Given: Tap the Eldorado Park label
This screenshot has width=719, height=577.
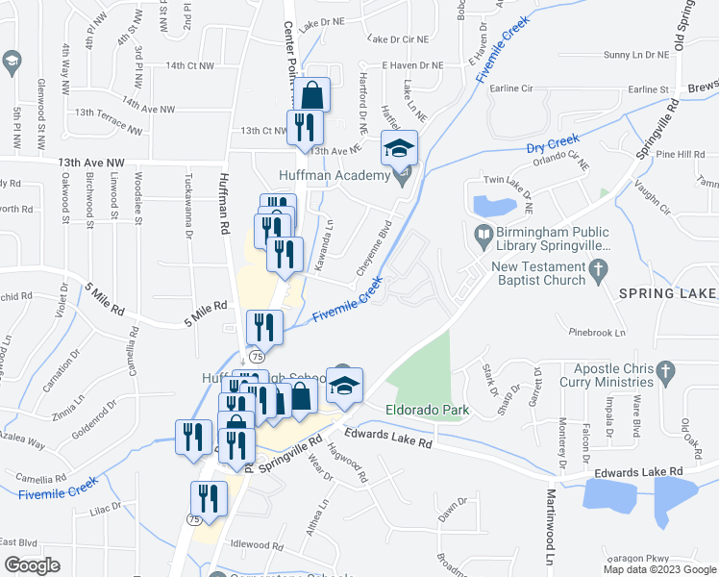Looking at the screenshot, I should pyautogui.click(x=426, y=411).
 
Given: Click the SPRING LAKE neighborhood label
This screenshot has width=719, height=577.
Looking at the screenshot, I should pyautogui.click(x=668, y=292).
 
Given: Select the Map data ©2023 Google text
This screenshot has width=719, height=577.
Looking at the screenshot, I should pyautogui.click(x=659, y=569).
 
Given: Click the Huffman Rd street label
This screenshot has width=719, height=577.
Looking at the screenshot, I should pyautogui.click(x=225, y=203).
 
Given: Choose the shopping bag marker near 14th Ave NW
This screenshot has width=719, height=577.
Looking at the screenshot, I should pyautogui.click(x=312, y=96).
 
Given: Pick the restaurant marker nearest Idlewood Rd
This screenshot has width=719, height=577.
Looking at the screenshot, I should pyautogui.click(x=209, y=499).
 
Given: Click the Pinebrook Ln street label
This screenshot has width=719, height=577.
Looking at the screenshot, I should pyautogui.click(x=596, y=333).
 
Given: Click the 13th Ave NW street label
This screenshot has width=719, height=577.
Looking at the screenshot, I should pyautogui.click(x=91, y=163).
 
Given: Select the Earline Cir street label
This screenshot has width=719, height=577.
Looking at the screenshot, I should pyautogui.click(x=511, y=88).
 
